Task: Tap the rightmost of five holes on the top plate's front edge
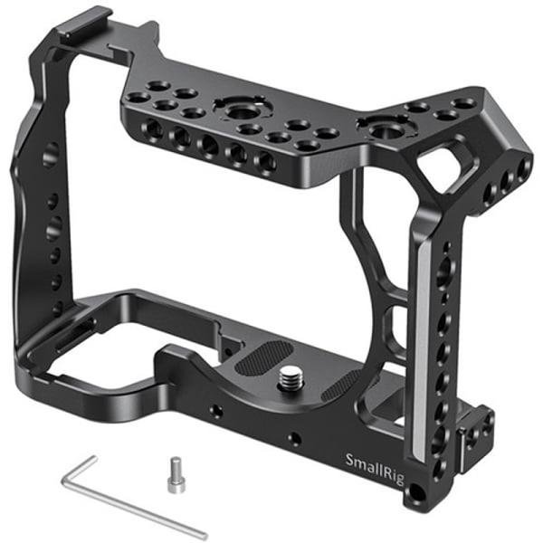point(266,161)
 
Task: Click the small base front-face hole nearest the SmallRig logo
point(294,441)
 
